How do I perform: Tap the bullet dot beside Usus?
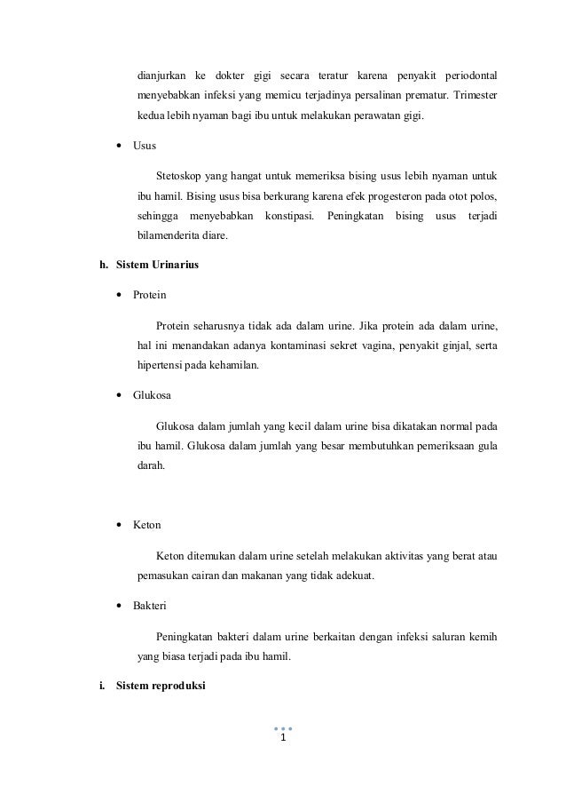pyautogui.click(x=118, y=145)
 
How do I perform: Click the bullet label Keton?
pyautogui.click(x=146, y=525)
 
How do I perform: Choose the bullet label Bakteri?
pyautogui.click(x=150, y=606)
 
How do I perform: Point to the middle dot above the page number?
pyautogui.click(x=283, y=727)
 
